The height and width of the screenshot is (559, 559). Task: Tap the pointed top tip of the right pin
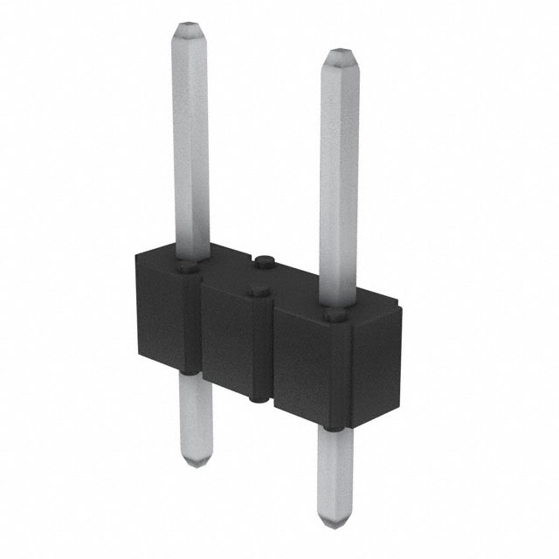pyautogui.click(x=340, y=56)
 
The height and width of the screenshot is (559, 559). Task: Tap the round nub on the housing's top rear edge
pyautogui.click(x=263, y=259)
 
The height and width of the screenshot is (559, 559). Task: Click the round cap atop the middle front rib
pyautogui.click(x=257, y=293)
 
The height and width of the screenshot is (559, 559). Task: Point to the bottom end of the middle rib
pyautogui.click(x=257, y=397)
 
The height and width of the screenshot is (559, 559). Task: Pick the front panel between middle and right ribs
pyautogui.click(x=297, y=367)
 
